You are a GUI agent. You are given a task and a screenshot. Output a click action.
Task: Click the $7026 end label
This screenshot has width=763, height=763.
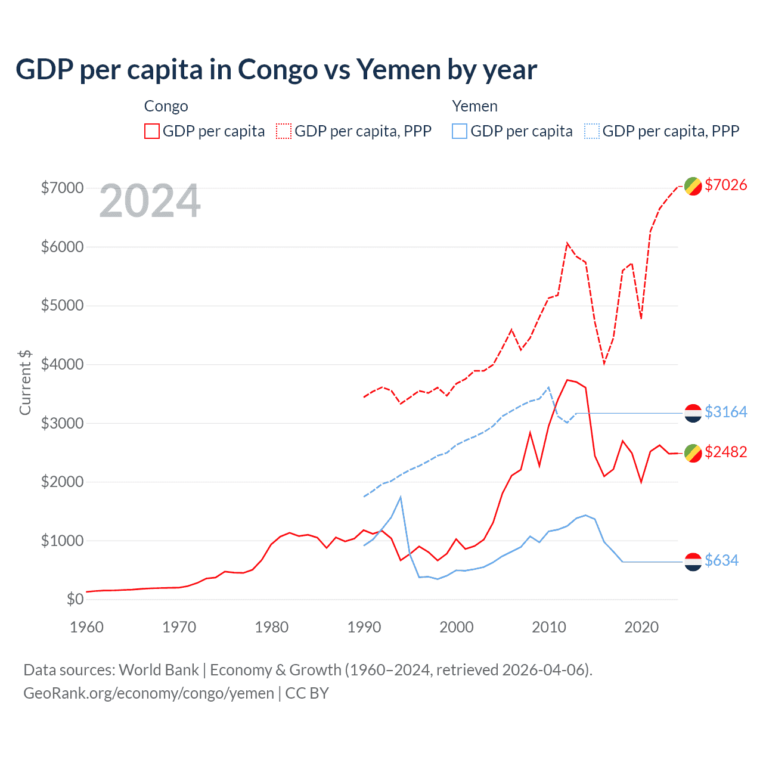[x=725, y=185]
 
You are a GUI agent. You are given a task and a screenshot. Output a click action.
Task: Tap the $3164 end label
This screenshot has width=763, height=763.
[x=725, y=412]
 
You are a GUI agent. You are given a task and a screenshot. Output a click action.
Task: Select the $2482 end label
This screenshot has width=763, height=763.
[x=725, y=452]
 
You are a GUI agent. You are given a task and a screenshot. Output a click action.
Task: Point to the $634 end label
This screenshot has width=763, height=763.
[x=721, y=560]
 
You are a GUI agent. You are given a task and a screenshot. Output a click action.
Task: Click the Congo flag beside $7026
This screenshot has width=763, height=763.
[x=693, y=186]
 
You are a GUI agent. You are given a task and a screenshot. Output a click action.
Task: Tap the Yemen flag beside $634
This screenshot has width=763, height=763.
[x=693, y=562]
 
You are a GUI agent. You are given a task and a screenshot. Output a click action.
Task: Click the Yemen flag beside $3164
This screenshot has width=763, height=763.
[x=693, y=413]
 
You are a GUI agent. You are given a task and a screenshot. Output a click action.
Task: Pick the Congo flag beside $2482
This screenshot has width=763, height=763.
[x=693, y=453]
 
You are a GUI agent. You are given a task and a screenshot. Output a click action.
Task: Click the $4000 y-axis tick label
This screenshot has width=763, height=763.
[x=62, y=364]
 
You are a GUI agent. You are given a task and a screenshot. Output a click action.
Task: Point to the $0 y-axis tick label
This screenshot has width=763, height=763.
[x=75, y=599]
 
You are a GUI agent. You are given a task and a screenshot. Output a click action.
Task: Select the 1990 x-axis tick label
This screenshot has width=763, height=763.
[x=364, y=627]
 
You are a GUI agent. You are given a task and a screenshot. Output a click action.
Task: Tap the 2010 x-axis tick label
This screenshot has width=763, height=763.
[x=549, y=627]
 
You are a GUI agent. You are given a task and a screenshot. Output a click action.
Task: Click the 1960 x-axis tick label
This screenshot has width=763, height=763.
[x=87, y=627]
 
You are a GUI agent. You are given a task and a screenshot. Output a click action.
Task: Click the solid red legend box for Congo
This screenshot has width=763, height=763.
[x=152, y=131]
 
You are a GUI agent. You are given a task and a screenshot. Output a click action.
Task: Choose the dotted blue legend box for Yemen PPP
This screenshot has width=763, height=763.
[x=592, y=131]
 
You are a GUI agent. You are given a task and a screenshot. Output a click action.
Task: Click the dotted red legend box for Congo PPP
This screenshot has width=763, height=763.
[x=284, y=131]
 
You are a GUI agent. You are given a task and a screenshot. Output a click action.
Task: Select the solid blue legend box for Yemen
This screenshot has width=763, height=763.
[x=460, y=131]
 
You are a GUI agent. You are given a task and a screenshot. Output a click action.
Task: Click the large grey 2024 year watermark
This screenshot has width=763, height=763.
[x=150, y=201]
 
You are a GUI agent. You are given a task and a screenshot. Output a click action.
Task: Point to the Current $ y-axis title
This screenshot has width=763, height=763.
[x=25, y=383]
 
